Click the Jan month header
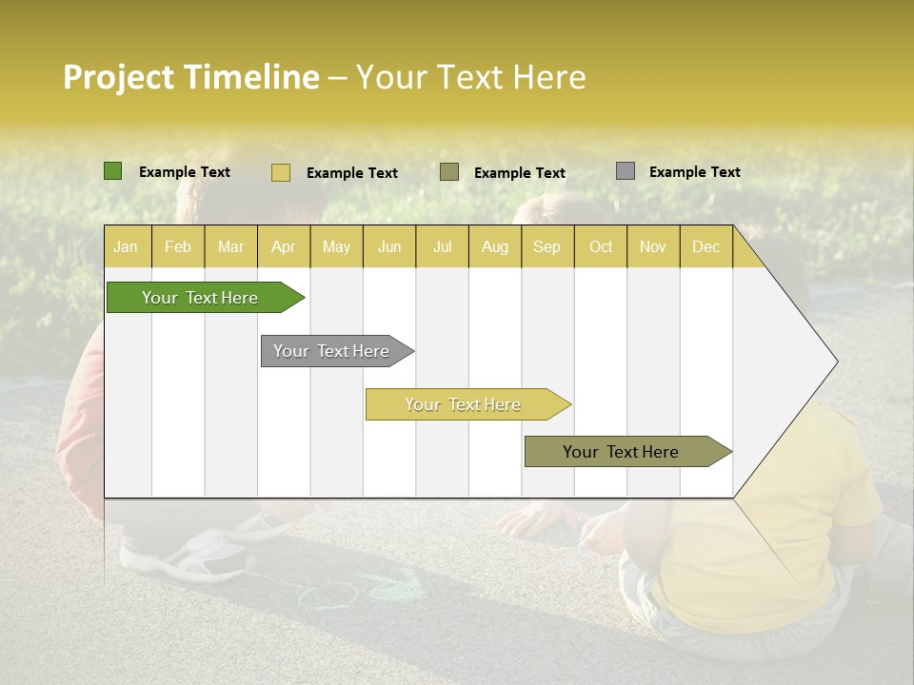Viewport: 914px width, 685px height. pos(126,246)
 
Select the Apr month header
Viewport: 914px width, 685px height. pos(283,246)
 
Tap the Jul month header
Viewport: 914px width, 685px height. pos(442,246)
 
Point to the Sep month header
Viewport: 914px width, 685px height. pos(546,246)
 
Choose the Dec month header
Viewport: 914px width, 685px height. pos(705,246)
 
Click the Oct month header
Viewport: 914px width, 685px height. pos(600,246)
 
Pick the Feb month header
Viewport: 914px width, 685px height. pos(178,246)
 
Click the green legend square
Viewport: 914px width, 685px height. pos(113,171)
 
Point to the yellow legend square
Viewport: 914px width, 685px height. pos(281,172)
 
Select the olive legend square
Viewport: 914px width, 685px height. pos(449,172)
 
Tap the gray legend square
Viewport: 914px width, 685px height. pos(626,171)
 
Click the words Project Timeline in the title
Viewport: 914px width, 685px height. pos(191,77)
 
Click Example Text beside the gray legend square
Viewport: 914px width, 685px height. pos(694,171)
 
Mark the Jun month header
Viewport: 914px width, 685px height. pos(389,246)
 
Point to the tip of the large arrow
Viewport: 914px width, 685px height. pos(836,362)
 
